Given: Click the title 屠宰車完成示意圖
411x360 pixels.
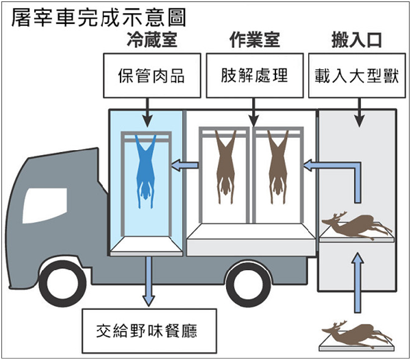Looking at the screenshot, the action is pyautogui.click(x=99, y=17).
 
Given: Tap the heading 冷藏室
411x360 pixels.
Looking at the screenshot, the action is pyautogui.click(x=152, y=40).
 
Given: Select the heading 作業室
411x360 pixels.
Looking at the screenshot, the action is pyautogui.click(x=255, y=40).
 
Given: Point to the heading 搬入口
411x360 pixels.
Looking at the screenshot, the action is pyautogui.click(x=357, y=40).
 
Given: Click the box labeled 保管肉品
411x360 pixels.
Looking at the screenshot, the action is pyautogui.click(x=152, y=75).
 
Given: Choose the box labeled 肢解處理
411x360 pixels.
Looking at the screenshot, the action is pyautogui.click(x=255, y=75).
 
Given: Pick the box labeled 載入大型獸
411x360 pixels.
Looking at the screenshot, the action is pyautogui.click(x=357, y=75).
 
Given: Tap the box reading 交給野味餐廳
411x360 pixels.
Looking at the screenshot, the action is pyautogui.click(x=149, y=331).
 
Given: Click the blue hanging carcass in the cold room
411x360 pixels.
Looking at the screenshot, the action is pyautogui.click(x=146, y=171).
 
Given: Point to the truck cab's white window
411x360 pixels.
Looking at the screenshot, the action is pyautogui.click(x=44, y=206).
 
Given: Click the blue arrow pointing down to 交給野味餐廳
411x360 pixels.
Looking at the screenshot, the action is pyautogui.click(x=149, y=281).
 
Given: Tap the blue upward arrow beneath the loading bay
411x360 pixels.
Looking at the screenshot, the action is pyautogui.click(x=358, y=283).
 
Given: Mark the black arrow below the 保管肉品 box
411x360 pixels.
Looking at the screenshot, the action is pyautogui.click(x=147, y=113).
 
